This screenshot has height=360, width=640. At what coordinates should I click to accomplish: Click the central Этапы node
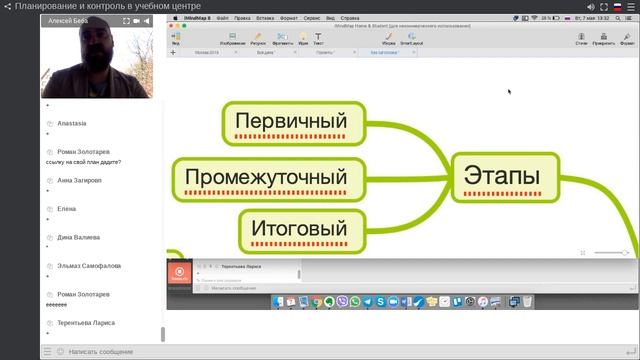point(501,176)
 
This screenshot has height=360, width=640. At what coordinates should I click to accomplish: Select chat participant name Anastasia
point(73,124)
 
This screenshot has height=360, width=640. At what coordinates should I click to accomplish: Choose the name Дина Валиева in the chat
point(78,237)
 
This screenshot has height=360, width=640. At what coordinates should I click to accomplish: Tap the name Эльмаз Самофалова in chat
point(89,266)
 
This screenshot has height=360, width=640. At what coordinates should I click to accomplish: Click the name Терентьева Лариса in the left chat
point(86,323)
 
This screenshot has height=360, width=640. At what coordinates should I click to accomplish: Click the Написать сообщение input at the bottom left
point(100,352)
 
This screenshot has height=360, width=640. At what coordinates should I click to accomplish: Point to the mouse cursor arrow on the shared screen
point(509,92)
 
